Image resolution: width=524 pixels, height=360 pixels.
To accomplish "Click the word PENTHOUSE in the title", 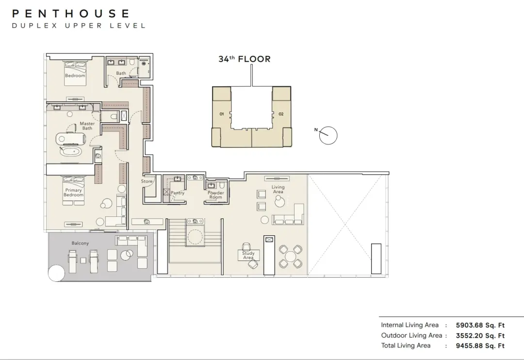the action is pos(70,14).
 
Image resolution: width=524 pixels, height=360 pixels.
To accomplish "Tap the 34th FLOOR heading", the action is pos(244,59).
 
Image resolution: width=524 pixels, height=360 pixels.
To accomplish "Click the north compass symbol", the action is pos(328,135).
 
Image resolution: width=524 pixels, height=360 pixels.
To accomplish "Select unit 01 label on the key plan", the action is pos(222,114).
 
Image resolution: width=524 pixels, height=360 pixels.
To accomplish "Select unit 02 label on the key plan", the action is pos(281,114).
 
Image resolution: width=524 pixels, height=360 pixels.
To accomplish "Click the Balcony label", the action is pos(80,244).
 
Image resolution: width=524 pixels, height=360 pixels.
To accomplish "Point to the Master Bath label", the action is pos(87,126).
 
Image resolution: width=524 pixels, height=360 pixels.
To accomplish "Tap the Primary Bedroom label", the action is pos(74,193).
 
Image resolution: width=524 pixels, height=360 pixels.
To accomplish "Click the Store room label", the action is pos(147,181).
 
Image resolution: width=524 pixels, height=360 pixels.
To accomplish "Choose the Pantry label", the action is pos(178,193).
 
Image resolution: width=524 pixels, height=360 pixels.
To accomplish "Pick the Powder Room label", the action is pos(216,195).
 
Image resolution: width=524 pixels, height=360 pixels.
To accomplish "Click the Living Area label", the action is pos(278,189).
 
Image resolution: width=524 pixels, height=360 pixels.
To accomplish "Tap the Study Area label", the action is pos(248,255).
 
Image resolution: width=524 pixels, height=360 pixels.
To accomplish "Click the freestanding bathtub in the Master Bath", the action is pos(70,151).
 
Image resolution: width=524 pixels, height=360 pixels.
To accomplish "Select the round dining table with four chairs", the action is pos(291,257).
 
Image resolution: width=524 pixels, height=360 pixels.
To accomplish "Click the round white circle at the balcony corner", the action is pos(56,274).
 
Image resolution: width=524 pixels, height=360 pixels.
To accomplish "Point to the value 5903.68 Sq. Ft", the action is pos(480,325).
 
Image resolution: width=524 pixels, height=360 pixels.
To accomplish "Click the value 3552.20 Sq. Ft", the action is pos(480,336).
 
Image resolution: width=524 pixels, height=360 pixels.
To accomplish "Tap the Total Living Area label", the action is pos(406,345).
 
